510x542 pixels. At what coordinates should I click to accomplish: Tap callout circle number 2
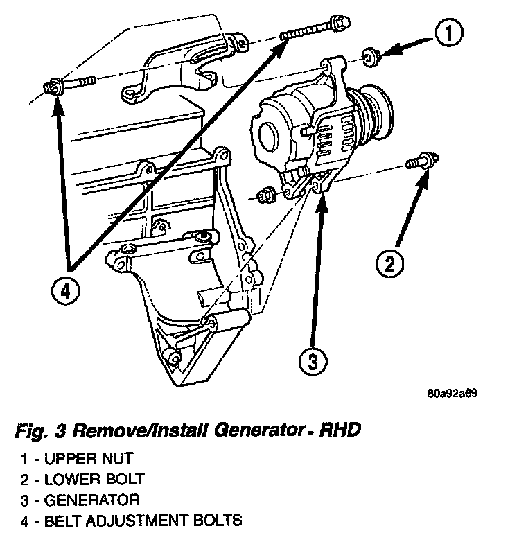click(390, 263)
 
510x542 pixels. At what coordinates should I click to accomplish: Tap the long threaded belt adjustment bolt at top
click(312, 28)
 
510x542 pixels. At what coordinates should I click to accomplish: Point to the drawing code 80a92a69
click(452, 394)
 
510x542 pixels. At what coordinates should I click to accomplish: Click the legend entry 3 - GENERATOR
click(80, 499)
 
